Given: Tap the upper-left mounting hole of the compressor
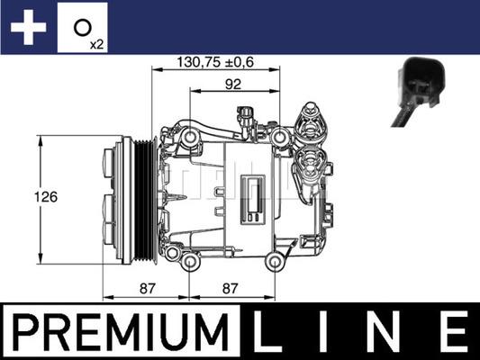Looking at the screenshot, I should [x=190, y=136].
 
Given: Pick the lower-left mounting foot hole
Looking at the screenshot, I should [x=190, y=262].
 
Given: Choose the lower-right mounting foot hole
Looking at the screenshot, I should [x=275, y=262].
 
